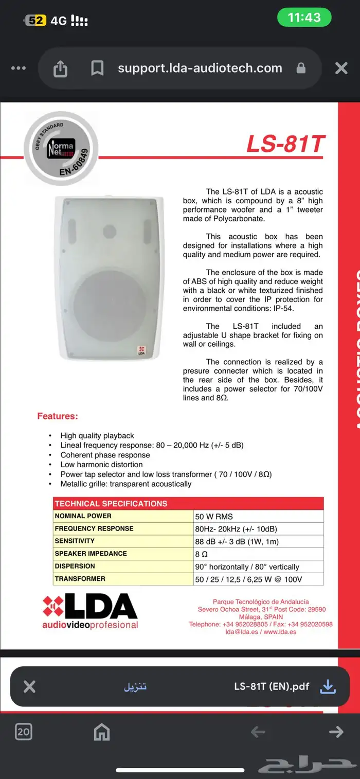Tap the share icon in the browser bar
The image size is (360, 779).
click(60, 68)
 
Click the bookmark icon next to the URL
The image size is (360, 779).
click(97, 68)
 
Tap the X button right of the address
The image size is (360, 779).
click(341, 68)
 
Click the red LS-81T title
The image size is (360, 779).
click(285, 144)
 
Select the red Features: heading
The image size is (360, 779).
click(58, 416)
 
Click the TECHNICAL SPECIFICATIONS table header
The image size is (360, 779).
click(111, 504)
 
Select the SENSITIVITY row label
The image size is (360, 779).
click(75, 541)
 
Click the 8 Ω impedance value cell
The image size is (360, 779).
click(201, 554)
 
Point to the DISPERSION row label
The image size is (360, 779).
click(75, 566)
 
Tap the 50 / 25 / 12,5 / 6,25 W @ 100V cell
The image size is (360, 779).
click(248, 579)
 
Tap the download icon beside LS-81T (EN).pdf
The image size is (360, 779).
click(328, 686)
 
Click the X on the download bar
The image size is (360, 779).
click(30, 686)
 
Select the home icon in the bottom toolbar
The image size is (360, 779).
click(102, 732)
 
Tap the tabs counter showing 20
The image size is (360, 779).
click(24, 732)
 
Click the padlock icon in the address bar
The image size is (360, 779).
click(301, 68)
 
